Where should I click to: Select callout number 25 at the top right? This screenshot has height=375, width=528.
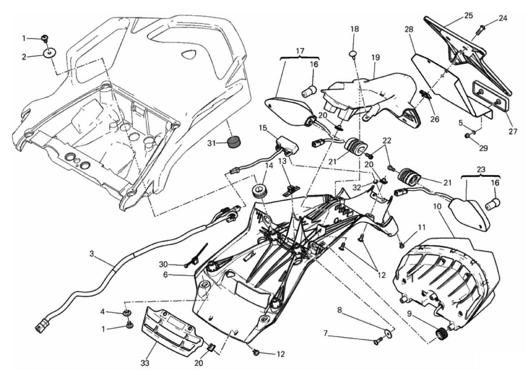tap(468, 15)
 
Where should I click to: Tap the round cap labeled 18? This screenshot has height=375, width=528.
tap(353, 54)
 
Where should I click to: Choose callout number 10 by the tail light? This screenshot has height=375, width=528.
tap(437, 207)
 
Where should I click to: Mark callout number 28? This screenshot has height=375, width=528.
tap(409, 29)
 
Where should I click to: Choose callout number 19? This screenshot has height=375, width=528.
tap(375, 57)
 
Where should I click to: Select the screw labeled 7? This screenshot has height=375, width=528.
tap(377, 342)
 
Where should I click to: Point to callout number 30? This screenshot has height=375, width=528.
tap(163, 264)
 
